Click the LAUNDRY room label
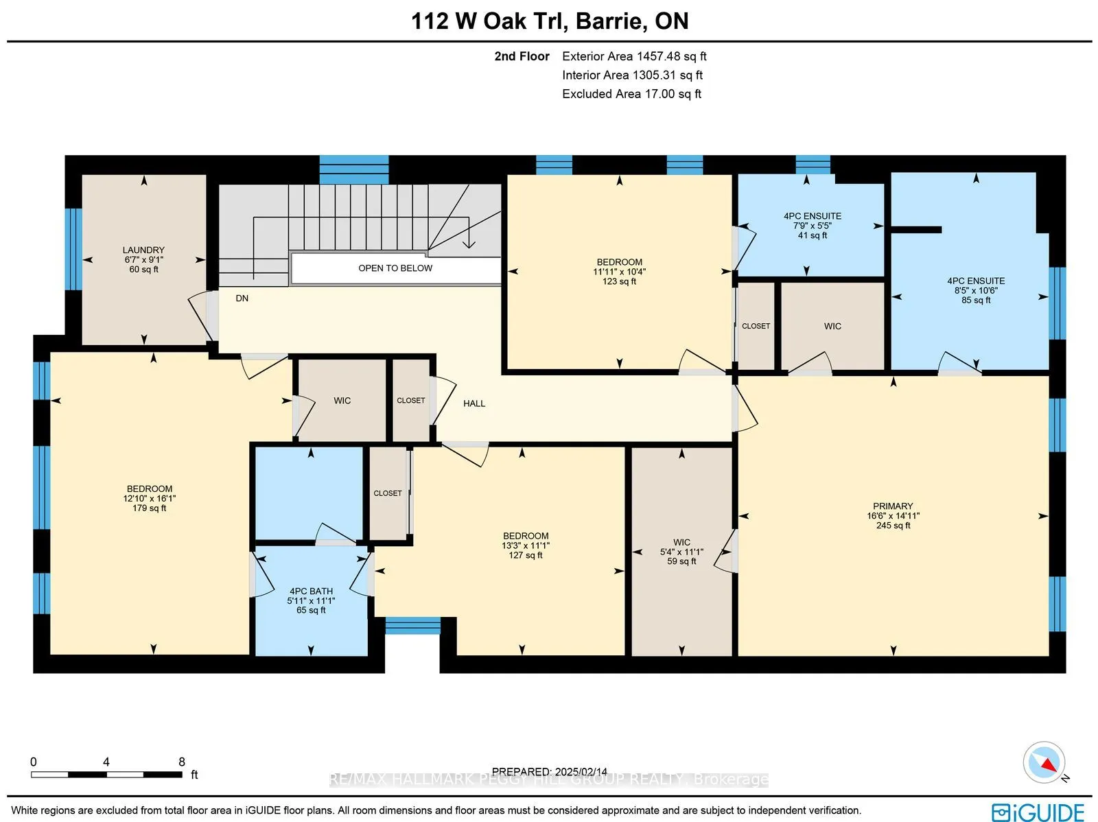coord(143,250)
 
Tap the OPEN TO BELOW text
coord(395,268)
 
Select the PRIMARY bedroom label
coord(893,506)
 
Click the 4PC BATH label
coord(311,591)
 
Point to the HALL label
coord(474,403)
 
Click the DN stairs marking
coord(242,298)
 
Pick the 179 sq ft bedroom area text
coord(149,508)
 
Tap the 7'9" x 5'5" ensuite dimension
coord(813,226)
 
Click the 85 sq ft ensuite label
coord(976,300)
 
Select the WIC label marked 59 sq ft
coord(681,542)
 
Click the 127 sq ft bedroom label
coord(526,555)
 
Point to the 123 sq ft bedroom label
coord(619,281)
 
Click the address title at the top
coord(550,21)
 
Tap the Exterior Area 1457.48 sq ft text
coord(633,56)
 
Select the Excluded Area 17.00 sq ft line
coord(631,94)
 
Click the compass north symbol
coord(1044,764)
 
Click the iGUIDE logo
coord(1038,812)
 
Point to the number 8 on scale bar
coord(182,762)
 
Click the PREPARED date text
coord(549,772)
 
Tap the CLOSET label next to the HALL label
coord(410,401)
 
